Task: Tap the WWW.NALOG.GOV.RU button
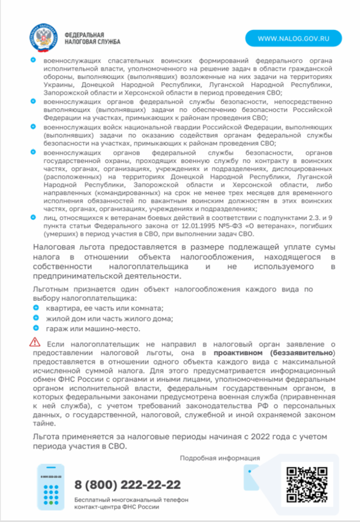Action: [x=293, y=38]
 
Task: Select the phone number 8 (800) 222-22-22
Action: [x=127, y=484]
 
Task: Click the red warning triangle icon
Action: [x=35, y=342]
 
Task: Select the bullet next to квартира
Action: [x=36, y=308]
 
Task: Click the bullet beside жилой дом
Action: [x=36, y=319]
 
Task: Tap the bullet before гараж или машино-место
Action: [x=36, y=328]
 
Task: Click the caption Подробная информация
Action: [x=220, y=458]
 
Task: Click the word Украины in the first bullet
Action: [x=58, y=85]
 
